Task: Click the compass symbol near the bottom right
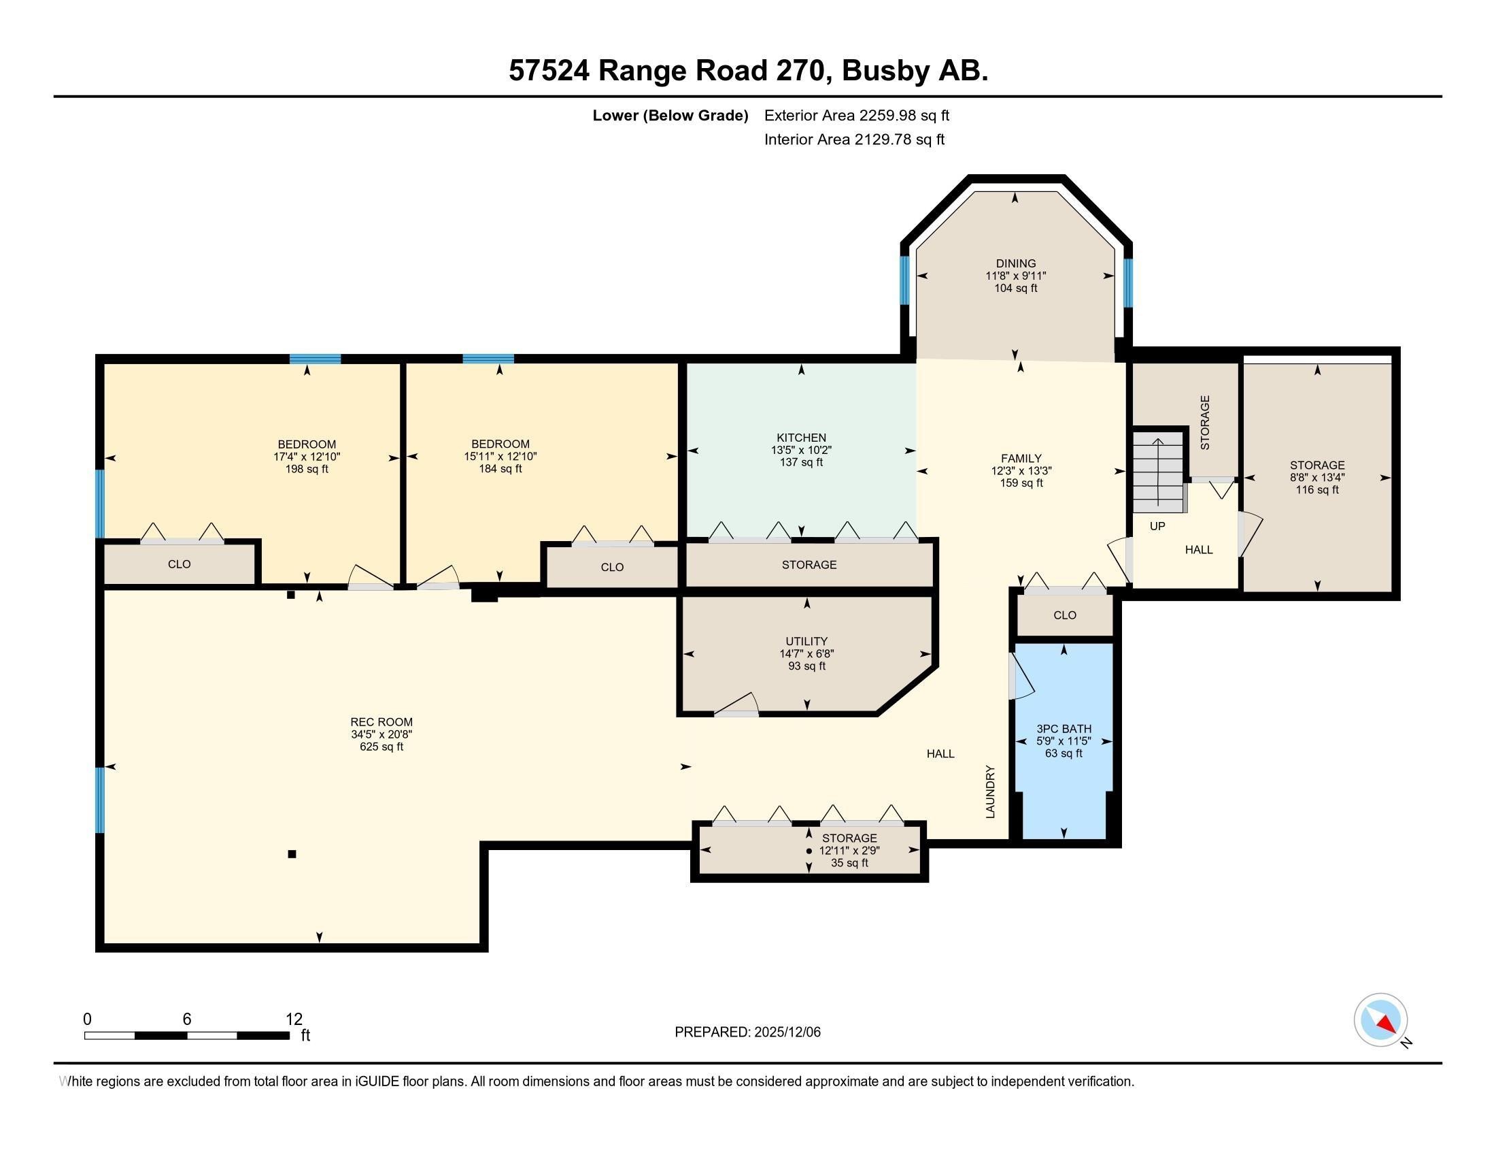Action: coord(1380,1020)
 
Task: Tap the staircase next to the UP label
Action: coord(1157,472)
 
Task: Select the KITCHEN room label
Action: coord(801,438)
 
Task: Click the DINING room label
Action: coord(1015,263)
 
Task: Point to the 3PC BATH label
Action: coord(1063,729)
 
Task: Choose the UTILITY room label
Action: coord(806,641)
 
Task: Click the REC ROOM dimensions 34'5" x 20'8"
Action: coord(381,734)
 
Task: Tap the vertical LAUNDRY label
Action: coord(990,791)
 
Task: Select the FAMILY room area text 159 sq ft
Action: coord(1021,483)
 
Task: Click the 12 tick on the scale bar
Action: coord(294,1019)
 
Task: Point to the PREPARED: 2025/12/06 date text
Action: coord(747,1032)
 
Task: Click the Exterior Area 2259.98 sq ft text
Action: coord(856,115)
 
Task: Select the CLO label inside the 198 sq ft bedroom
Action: coord(179,564)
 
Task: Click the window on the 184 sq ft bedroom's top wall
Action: coord(488,359)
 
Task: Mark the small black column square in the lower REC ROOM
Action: coord(292,853)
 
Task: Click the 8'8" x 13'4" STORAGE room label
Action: coord(1316,465)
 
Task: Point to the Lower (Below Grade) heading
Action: coord(670,115)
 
